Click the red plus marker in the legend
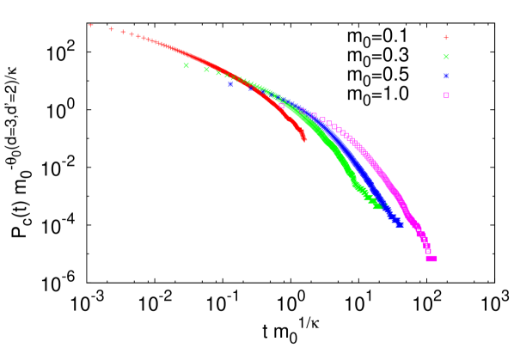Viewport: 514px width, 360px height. (x=446, y=38)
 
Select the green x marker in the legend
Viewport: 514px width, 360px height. (x=446, y=57)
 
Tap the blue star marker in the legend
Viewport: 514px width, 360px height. (x=446, y=76)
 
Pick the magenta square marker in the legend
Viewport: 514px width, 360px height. (x=446, y=95)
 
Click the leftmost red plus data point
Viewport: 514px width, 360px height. (x=91, y=25)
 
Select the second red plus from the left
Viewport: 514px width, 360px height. (x=111, y=29)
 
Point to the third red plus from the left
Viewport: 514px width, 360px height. (x=123, y=32)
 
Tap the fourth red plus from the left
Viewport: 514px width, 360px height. (x=132, y=34)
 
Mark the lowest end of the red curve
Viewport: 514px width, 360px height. (x=303, y=138)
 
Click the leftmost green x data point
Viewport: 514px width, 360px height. (x=186, y=65)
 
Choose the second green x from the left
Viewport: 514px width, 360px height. (x=206, y=70)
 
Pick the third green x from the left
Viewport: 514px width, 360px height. (x=218, y=73)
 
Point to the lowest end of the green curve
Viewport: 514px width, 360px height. (x=378, y=206)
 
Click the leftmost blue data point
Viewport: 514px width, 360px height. (x=230, y=84)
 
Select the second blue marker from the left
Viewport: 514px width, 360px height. (x=251, y=88)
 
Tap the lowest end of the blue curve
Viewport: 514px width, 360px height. (x=400, y=225)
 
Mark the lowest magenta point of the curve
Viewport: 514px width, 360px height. (x=431, y=259)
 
